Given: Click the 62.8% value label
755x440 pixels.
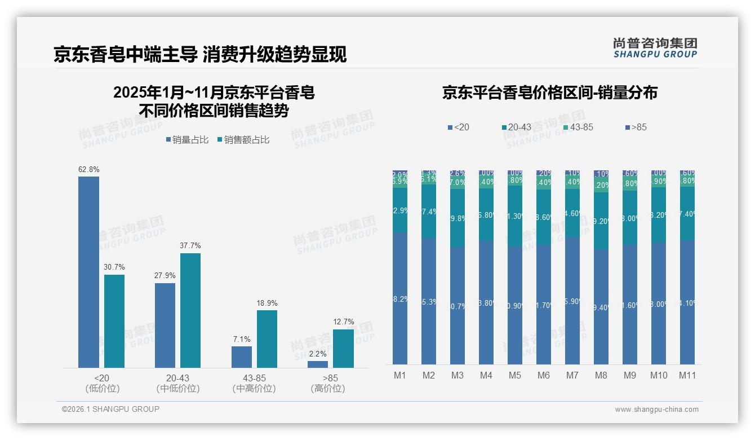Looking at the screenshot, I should coord(88,169).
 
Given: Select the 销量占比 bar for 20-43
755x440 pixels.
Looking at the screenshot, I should coord(165,325).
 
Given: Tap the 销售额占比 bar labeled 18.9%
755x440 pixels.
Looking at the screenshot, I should coord(267,338).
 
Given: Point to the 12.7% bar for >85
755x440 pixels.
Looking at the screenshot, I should coord(343,348).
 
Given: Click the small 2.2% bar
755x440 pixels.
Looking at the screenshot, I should coord(318,364).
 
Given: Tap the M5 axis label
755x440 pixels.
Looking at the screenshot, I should coord(514,375).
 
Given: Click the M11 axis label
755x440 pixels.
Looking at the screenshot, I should coord(687,375).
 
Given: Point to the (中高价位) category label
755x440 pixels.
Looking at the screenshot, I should coord(254,389).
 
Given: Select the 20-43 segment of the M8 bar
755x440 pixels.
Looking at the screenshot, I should coord(601,221).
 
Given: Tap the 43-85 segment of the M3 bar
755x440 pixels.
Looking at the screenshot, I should coord(458,183).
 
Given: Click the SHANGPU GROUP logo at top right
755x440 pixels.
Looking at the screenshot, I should coord(655,48).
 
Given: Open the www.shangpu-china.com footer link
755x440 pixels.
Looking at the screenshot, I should coord(656,410).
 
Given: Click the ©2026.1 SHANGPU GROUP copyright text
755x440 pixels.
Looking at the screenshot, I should coord(110,409).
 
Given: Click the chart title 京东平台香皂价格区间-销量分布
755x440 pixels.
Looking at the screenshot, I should coord(549,93).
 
